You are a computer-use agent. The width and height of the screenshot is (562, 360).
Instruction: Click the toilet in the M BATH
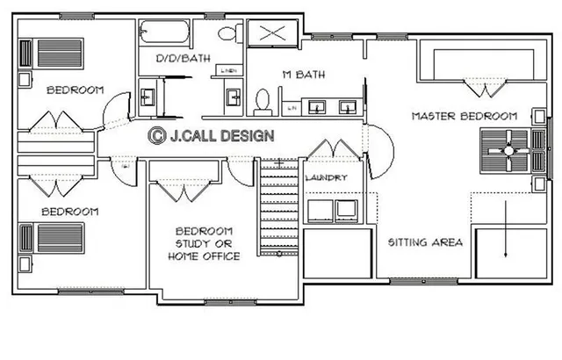pyautogui.click(x=262, y=101)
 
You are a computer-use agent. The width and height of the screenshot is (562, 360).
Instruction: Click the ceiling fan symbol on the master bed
pyautogui.click(x=507, y=151)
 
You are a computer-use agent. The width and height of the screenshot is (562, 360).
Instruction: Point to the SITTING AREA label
pyautogui.click(x=425, y=241)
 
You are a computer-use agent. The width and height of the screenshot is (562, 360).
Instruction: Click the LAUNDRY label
pyautogui.click(x=326, y=178)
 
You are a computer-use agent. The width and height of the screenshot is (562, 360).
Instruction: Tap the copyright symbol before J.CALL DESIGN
pyautogui.click(x=157, y=135)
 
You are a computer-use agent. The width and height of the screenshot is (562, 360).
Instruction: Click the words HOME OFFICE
pyautogui.click(x=204, y=256)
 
